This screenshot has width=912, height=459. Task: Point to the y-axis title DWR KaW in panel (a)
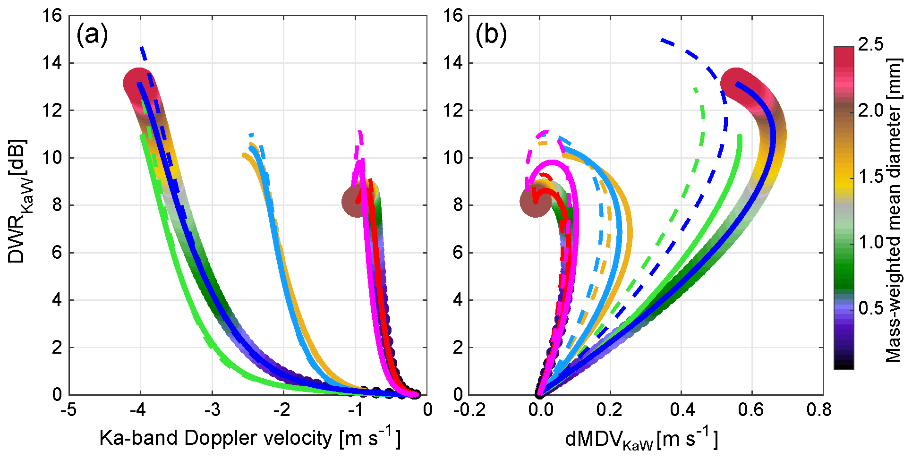18,201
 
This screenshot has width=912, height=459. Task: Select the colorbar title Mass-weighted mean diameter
894,210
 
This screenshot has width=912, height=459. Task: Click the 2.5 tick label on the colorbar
870,44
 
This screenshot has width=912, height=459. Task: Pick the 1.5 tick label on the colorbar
870,176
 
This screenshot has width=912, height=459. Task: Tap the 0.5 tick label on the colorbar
870,308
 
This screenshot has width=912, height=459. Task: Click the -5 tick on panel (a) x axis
68,410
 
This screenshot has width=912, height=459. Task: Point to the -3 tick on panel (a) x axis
212,410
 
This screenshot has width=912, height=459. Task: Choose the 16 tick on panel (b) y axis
453,16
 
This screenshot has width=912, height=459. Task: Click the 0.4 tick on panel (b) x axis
681,410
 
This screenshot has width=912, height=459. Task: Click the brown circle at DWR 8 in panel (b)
535,202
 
